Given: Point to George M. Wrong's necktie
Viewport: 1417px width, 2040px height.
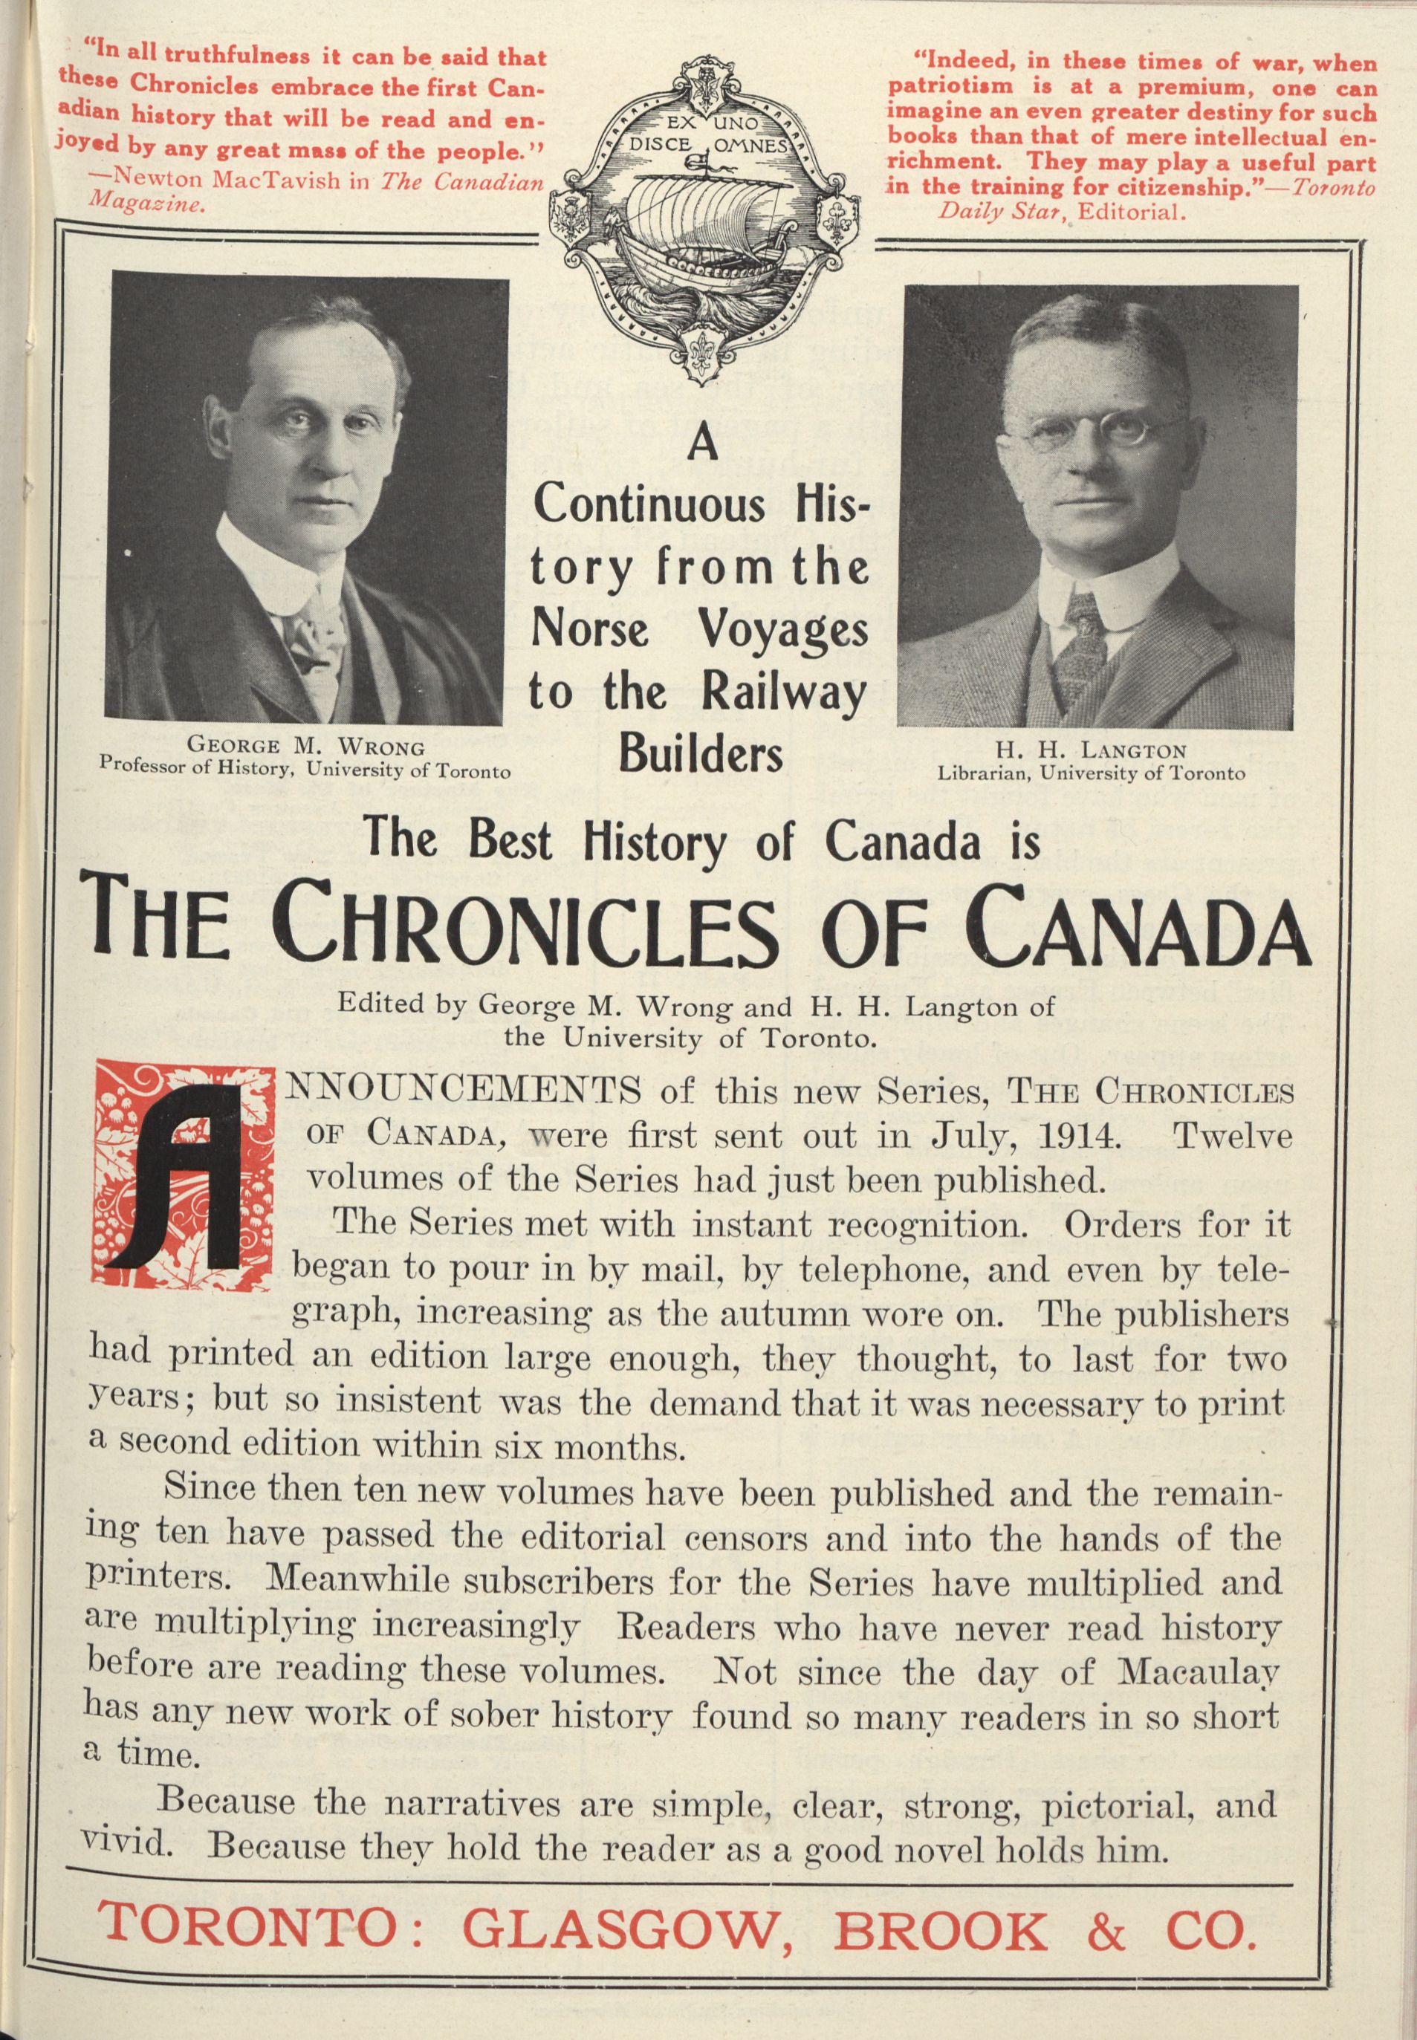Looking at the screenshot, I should (308, 638).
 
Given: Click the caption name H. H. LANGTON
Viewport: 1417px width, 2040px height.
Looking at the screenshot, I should (1092, 752).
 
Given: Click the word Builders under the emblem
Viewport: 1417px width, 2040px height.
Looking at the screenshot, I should (701, 755).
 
